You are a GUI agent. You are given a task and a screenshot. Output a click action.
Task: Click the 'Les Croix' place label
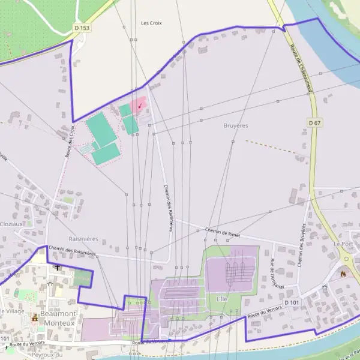pyautogui.click(x=152, y=23)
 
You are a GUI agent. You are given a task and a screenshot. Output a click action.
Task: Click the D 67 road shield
pyautogui.click(x=314, y=122)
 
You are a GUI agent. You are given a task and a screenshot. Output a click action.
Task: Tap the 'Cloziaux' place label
pyautogui.click(x=12, y=224)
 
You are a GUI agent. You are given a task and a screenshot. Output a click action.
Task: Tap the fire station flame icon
pyautogui.click(x=343, y=274)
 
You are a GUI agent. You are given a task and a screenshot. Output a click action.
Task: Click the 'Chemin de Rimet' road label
pyautogui.click(x=223, y=233)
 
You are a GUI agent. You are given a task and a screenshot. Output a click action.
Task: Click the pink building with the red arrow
pyautogui.click(x=139, y=105)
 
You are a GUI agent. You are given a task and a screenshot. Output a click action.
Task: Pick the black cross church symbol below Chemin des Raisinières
pyautogui.click(x=57, y=268)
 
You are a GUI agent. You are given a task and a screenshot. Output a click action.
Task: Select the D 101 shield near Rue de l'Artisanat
pyautogui.click(x=292, y=302)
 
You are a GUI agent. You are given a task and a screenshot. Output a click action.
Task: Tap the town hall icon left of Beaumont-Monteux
pyautogui.click(x=35, y=317)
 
